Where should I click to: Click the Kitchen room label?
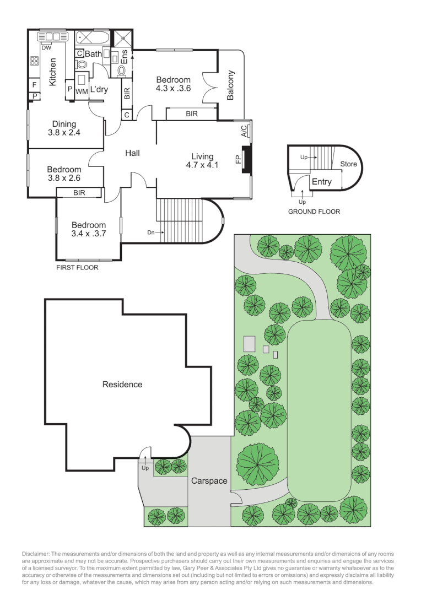coord(53,73)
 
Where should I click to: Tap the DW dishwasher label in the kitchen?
coord(46,47)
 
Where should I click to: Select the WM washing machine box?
coord(82,91)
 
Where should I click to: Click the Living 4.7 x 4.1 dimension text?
coord(202,165)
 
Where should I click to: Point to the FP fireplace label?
coord(239,160)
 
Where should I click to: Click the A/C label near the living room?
coord(243,131)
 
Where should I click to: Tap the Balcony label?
coord(231,85)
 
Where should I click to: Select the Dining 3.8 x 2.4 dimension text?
coord(64,132)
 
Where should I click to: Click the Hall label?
coord(132,153)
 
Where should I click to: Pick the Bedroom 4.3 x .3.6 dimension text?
coord(173,88)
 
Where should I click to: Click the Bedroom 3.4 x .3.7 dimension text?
coord(88,234)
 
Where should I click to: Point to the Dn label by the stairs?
coord(150,232)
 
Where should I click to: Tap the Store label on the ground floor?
coord(348,164)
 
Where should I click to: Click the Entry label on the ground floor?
coord(322,182)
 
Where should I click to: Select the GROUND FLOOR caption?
coord(315,212)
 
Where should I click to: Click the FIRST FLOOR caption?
coord(77,268)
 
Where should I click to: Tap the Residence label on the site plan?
coord(122,385)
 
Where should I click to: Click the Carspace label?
coord(209,481)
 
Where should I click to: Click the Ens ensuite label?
coord(125,57)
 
